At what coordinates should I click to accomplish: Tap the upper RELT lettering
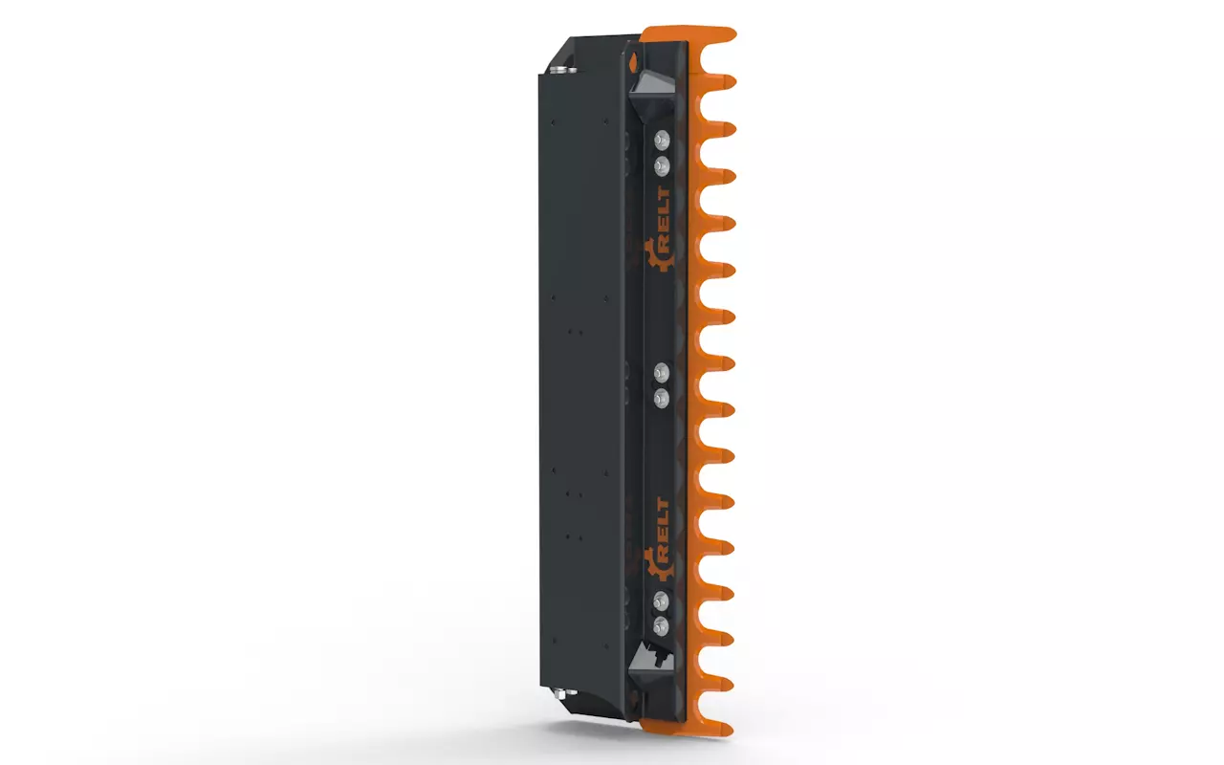tap(664, 219)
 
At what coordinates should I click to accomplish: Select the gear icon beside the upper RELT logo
tap(658, 255)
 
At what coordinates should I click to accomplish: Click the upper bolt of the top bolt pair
tap(663, 140)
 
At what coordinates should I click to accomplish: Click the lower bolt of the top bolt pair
tap(663, 165)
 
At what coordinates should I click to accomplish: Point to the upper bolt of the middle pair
tap(662, 372)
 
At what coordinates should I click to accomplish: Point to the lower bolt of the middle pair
tap(662, 399)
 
